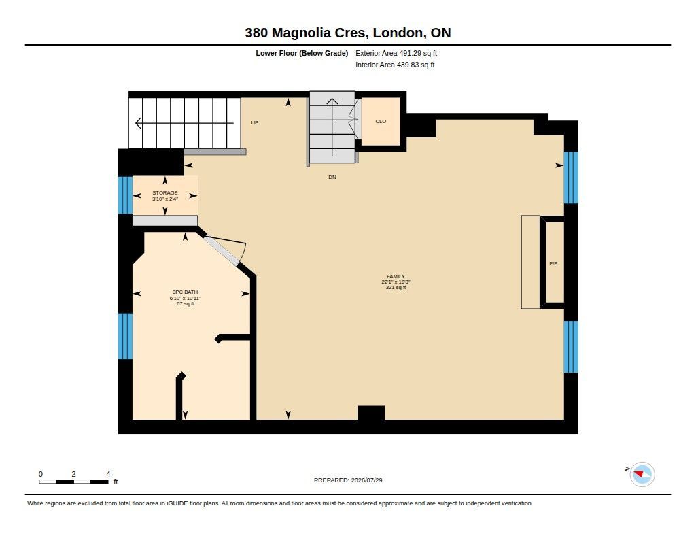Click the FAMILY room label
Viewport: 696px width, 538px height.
coord(396,276)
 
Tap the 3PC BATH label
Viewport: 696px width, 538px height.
coord(185,292)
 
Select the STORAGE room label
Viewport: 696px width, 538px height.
coord(164,192)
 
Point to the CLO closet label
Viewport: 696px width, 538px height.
coord(381,121)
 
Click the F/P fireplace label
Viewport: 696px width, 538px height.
coord(553,263)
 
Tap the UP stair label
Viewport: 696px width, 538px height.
coord(255,122)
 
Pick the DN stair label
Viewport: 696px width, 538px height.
coord(332,178)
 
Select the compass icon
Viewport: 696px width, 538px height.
coord(642,474)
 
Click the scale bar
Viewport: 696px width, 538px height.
coord(73,482)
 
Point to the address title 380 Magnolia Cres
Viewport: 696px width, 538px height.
coord(306,33)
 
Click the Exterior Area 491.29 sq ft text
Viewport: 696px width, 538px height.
coord(396,53)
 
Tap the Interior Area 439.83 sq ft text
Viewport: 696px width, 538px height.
coord(395,65)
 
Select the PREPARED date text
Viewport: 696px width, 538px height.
coord(348,480)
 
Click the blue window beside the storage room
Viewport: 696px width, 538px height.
coord(125,195)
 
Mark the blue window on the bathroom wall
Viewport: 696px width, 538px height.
coord(125,336)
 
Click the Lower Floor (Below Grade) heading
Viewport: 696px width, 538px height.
coord(302,53)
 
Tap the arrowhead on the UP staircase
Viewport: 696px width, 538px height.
coord(138,122)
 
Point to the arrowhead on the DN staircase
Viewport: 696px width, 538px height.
coord(332,101)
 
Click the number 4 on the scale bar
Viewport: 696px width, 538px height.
coord(108,474)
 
